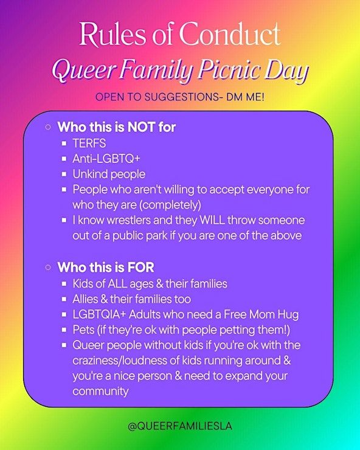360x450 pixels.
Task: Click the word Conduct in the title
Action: [x=230, y=34]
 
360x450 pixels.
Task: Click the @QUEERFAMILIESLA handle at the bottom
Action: [x=180, y=426]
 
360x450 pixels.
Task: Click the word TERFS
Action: [x=89, y=143]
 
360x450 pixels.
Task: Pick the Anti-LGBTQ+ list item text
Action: [x=106, y=159]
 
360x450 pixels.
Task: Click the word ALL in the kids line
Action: [x=117, y=283]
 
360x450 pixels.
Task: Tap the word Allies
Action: [x=85, y=299]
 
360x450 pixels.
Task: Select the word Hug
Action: [x=288, y=315]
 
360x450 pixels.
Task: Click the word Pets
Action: [x=83, y=330]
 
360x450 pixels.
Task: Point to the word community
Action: [x=100, y=392]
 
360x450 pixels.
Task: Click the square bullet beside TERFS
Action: [x=64, y=143]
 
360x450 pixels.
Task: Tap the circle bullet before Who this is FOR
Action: [x=48, y=268]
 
